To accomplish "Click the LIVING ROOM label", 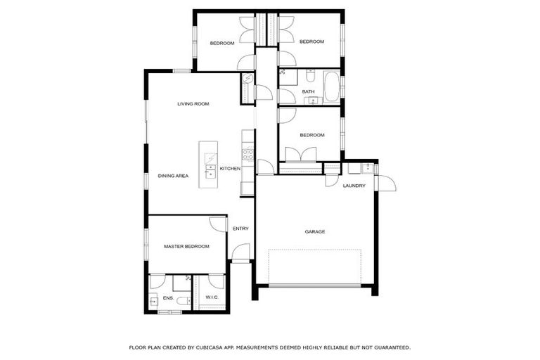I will pyautogui.click(x=193, y=104).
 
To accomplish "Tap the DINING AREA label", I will pyautogui.click(x=173, y=176).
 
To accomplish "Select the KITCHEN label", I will pyautogui.click(x=231, y=169).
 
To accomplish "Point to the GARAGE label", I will pyautogui.click(x=315, y=231).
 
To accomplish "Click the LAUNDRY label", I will pyautogui.click(x=354, y=186).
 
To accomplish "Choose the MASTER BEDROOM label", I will pyautogui.click(x=187, y=247).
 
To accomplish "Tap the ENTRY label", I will pyautogui.click(x=240, y=229).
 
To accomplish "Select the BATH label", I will pyautogui.click(x=308, y=92).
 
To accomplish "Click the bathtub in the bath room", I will pyautogui.click(x=330, y=87).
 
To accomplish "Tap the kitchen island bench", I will pyautogui.click(x=209, y=165).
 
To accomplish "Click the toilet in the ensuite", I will pyautogui.click(x=182, y=302).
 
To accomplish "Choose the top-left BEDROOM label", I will pyautogui.click(x=222, y=44).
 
